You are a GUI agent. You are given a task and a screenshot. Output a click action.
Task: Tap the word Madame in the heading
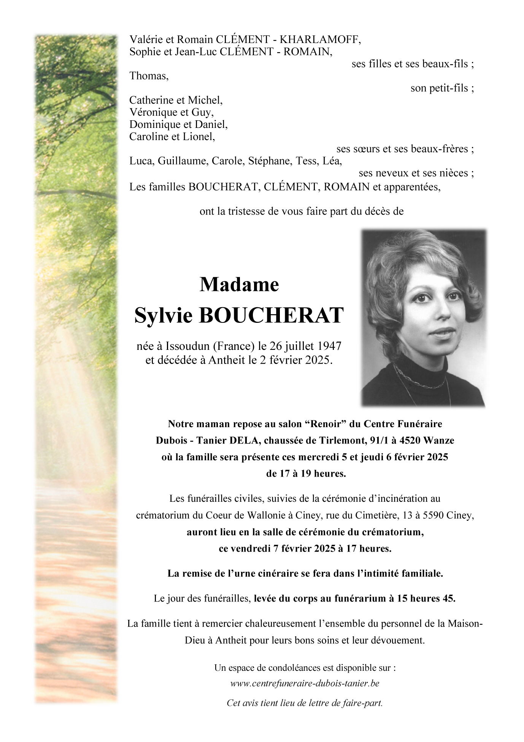click(x=239, y=284)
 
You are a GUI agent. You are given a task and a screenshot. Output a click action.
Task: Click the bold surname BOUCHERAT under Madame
click(x=271, y=316)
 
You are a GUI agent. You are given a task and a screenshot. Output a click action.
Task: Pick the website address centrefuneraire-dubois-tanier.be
click(x=305, y=683)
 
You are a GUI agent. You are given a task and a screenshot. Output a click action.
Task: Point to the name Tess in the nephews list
click(x=302, y=161)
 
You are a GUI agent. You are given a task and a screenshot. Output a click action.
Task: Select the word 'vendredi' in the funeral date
click(x=251, y=549)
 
